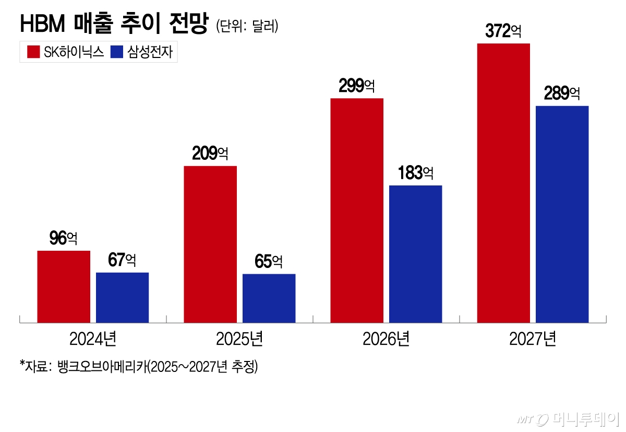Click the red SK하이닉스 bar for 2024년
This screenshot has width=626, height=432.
click(64, 286)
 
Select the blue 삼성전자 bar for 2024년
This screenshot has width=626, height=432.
click(123, 297)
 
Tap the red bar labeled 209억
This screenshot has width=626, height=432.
click(210, 244)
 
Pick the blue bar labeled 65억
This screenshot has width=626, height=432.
click(269, 298)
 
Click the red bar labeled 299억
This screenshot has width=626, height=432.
click(357, 210)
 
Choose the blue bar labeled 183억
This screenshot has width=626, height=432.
click(416, 253)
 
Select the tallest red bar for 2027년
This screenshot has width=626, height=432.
click(504, 183)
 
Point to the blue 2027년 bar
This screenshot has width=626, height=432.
click(562, 214)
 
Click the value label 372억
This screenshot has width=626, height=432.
click(503, 31)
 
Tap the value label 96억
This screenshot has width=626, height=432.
click(63, 239)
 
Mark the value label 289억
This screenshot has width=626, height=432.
click(562, 94)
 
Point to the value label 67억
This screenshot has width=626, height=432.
click(122, 260)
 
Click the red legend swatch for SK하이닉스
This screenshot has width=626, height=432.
click(33, 52)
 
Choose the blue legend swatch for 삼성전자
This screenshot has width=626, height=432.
click(117, 52)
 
